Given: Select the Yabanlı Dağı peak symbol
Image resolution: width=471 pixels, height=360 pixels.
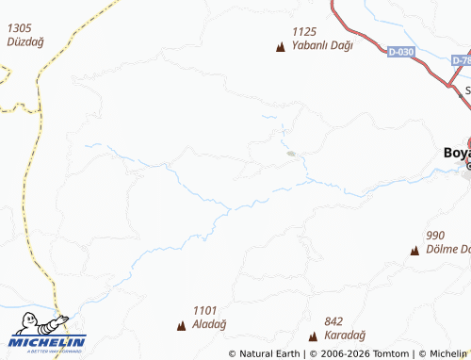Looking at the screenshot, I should point(280,46).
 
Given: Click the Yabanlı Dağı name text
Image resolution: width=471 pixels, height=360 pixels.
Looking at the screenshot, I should point(321,45).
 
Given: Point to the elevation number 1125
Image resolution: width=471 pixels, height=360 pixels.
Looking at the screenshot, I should point(304,31).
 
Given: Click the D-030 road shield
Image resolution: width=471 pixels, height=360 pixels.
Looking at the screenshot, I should point(401,53).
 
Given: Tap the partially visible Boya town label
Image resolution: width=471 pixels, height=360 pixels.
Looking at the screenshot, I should point(456,153).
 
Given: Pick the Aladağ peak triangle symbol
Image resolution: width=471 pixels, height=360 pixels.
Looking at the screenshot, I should point(181,326).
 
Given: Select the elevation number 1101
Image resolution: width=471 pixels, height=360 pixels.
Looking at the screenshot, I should point(204,310).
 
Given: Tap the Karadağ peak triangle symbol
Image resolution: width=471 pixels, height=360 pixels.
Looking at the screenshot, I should point(313,336).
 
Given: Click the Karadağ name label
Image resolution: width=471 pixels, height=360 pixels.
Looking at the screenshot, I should point(346,335).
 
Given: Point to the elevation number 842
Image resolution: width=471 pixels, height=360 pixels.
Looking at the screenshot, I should point(333,321).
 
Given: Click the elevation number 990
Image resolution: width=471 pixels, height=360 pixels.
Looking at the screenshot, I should point(435,236).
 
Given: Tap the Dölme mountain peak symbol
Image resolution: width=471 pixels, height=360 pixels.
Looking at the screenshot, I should point(414,251).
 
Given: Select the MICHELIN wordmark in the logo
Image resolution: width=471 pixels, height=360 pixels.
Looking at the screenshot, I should point(47,341).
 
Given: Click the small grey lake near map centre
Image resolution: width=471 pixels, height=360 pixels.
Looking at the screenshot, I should point(291,154).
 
